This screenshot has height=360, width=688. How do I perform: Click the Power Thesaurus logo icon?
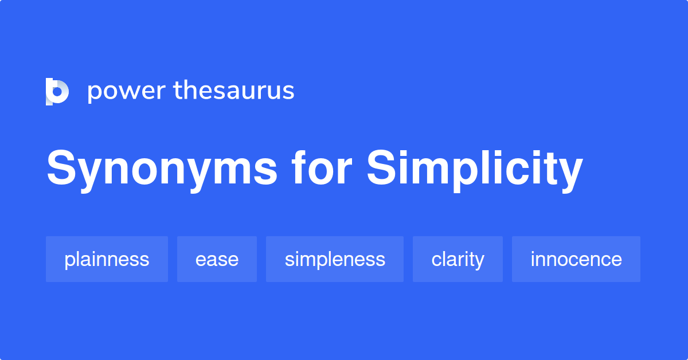coord(57,92)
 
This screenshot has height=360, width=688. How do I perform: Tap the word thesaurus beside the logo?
coord(234,91)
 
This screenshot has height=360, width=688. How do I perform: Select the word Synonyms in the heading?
coord(162,170)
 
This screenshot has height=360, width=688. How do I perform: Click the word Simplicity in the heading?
coord(475,171)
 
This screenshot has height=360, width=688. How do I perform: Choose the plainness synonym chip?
coord(107,259)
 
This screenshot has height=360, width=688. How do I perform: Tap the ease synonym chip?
coord(217,259)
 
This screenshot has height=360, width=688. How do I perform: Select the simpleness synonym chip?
coord(335,259)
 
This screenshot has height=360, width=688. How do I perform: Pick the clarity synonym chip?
coord(458,259)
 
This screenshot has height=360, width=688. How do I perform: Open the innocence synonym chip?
coord(576,259)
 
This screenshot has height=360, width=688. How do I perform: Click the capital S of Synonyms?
coord(61,167)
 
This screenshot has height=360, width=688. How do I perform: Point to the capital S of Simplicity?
coord(381,167)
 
